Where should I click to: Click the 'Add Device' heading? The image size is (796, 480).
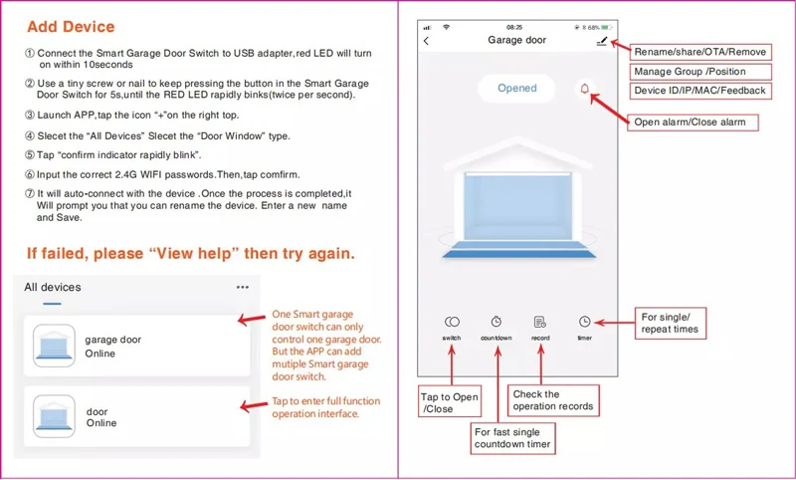pyautogui.click(x=71, y=27)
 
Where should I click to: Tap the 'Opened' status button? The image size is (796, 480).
pyautogui.click(x=516, y=89)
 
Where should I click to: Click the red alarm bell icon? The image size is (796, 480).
pyautogui.click(x=584, y=89)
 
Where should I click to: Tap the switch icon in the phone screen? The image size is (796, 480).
pyautogui.click(x=452, y=322)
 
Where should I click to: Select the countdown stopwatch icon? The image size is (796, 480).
pyautogui.click(x=496, y=322)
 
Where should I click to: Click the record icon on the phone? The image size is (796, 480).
pyautogui.click(x=539, y=322)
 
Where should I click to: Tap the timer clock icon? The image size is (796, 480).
pyautogui.click(x=584, y=322)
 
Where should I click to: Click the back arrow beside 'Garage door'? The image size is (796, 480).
pyautogui.click(x=427, y=41)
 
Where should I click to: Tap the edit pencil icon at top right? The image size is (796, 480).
pyautogui.click(x=601, y=41)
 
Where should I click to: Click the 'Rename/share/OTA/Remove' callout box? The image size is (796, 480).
pyautogui.click(x=700, y=51)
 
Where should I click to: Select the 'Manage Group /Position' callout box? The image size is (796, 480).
pyautogui.click(x=689, y=71)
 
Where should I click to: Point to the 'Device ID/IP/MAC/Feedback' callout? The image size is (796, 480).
pyautogui.click(x=700, y=91)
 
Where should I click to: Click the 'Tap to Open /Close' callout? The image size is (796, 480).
pyautogui.click(x=451, y=402)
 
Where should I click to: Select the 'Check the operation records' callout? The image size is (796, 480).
pyautogui.click(x=553, y=399)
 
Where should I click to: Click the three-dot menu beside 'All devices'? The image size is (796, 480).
pyautogui.click(x=243, y=287)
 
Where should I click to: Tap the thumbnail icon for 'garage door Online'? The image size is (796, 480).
pyautogui.click(x=54, y=346)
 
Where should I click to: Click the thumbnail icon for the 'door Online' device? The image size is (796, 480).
pyautogui.click(x=54, y=415)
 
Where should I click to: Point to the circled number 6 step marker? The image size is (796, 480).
pyautogui.click(x=30, y=174)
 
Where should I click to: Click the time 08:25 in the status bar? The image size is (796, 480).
pyautogui.click(x=514, y=27)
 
